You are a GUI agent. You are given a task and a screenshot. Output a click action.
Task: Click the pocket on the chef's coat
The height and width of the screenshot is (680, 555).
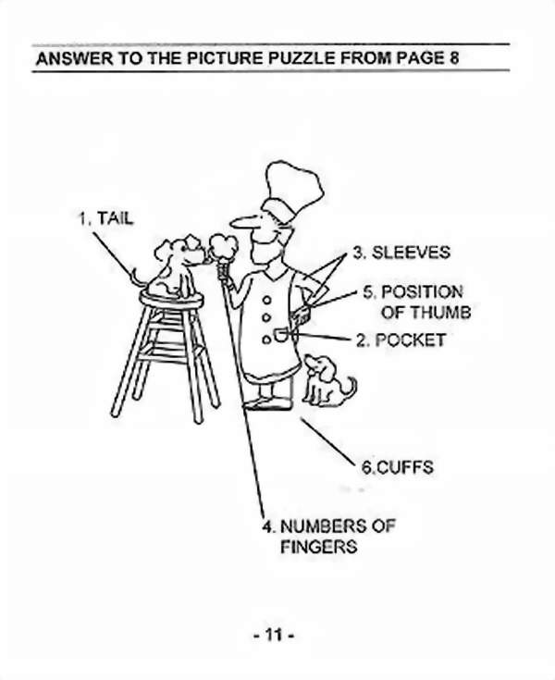(x=281, y=333)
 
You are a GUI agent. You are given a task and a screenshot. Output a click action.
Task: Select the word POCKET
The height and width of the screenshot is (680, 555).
(x=410, y=340)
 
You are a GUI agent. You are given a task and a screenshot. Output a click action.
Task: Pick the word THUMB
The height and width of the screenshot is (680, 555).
(x=439, y=313)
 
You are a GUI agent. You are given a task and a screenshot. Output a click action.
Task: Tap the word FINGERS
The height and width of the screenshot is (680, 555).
(x=318, y=547)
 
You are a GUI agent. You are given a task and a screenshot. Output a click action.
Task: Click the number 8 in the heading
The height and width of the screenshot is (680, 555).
(x=453, y=59)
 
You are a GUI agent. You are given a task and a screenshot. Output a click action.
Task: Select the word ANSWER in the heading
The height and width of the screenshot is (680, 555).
(x=69, y=59)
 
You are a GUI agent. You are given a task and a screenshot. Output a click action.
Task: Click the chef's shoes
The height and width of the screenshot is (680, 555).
(x=268, y=403)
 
